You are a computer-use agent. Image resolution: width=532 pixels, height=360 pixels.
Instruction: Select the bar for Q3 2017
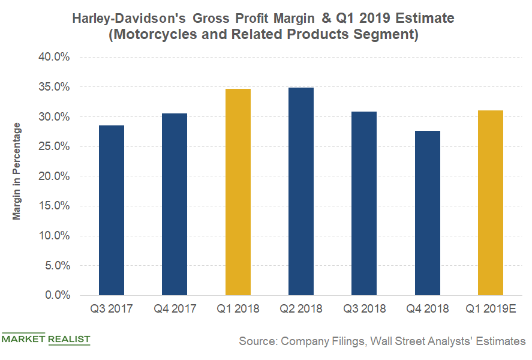point(112,210)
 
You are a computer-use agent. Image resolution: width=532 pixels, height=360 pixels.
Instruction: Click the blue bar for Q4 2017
point(175,204)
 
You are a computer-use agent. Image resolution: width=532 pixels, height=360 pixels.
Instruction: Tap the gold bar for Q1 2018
point(238,192)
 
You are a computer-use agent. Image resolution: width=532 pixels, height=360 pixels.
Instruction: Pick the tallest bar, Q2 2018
point(300,191)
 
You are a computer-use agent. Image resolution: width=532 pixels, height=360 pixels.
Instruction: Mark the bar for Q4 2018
point(427,213)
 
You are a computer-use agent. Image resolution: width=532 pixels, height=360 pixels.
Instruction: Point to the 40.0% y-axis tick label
point(55,58)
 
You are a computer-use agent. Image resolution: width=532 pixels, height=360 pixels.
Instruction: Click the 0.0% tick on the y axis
point(58,295)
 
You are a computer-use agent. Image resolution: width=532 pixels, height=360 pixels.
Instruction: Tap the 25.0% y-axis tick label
point(55,146)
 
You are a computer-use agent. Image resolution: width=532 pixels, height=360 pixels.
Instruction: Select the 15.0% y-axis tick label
point(55,206)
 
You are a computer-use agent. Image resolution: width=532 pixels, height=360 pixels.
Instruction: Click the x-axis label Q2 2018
point(300,309)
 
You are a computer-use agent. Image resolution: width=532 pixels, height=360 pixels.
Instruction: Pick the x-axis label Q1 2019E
point(490,309)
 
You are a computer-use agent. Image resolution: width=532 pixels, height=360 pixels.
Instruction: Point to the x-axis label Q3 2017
point(112,309)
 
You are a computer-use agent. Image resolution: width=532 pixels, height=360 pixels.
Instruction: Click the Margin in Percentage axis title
point(17,171)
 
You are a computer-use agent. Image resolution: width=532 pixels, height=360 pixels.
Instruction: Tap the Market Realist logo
point(46,339)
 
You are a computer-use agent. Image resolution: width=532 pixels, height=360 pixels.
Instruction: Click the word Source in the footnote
point(257,341)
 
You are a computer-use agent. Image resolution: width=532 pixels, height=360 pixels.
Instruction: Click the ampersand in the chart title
point(326,19)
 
